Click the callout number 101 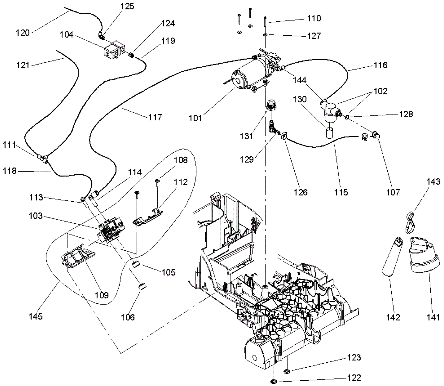195,118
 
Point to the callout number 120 22,33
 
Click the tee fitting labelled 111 42,159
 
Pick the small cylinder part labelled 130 330,133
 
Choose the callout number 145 36,316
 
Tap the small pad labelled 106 142,286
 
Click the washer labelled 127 265,35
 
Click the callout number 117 155,117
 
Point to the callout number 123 354,357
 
